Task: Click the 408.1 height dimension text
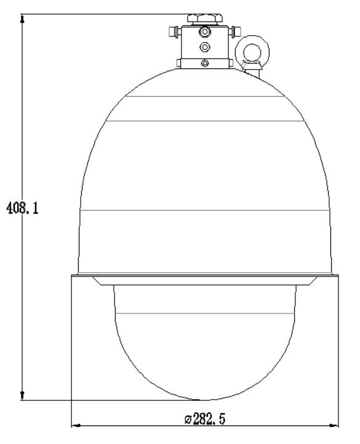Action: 22,208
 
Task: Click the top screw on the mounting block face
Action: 204,32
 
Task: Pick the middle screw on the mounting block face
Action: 204,47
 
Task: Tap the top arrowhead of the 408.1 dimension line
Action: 23,18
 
